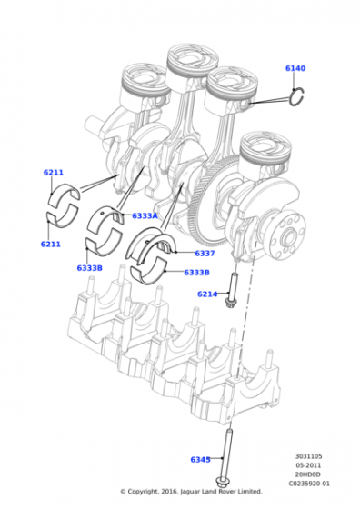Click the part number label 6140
point(295,68)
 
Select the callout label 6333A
point(145,215)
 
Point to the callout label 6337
point(205,253)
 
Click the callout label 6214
point(207,294)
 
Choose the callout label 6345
point(200,460)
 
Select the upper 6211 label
point(54,173)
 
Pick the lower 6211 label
point(51,245)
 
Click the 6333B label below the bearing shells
point(90,268)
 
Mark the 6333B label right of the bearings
point(196,273)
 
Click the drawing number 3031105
point(309,456)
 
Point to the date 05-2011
point(309,465)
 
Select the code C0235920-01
point(309,484)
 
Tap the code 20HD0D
point(309,474)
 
